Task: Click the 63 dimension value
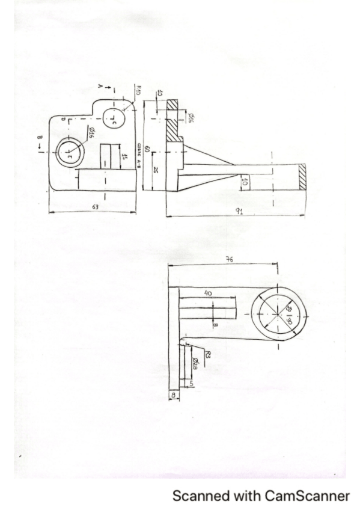tap(96, 206)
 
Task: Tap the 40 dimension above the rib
tap(208, 293)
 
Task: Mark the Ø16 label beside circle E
tap(91, 132)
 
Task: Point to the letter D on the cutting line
tap(63, 120)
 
